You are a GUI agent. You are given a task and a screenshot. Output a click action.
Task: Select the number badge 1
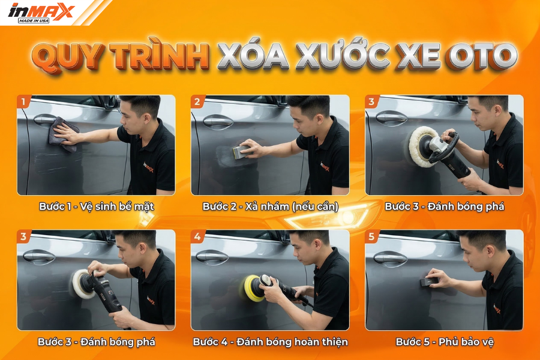tap(23, 101)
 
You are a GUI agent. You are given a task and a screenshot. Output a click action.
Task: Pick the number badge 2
tap(197, 101)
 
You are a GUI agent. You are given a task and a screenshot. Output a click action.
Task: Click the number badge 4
tap(197, 236)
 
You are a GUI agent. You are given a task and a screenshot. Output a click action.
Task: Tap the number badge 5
tap(371, 236)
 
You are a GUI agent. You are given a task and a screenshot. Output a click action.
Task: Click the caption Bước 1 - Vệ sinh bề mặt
tap(97, 206)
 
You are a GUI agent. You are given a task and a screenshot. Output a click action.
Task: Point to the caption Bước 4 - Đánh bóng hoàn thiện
tap(271, 342)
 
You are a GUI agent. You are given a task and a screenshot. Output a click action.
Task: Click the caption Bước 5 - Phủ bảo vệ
tap(445, 342)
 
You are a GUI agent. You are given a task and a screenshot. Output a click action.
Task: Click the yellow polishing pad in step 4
tap(254, 287)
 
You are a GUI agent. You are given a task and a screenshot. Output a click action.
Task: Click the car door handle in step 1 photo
tap(46, 120)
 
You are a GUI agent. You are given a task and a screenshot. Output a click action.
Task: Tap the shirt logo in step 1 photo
tap(148, 169)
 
